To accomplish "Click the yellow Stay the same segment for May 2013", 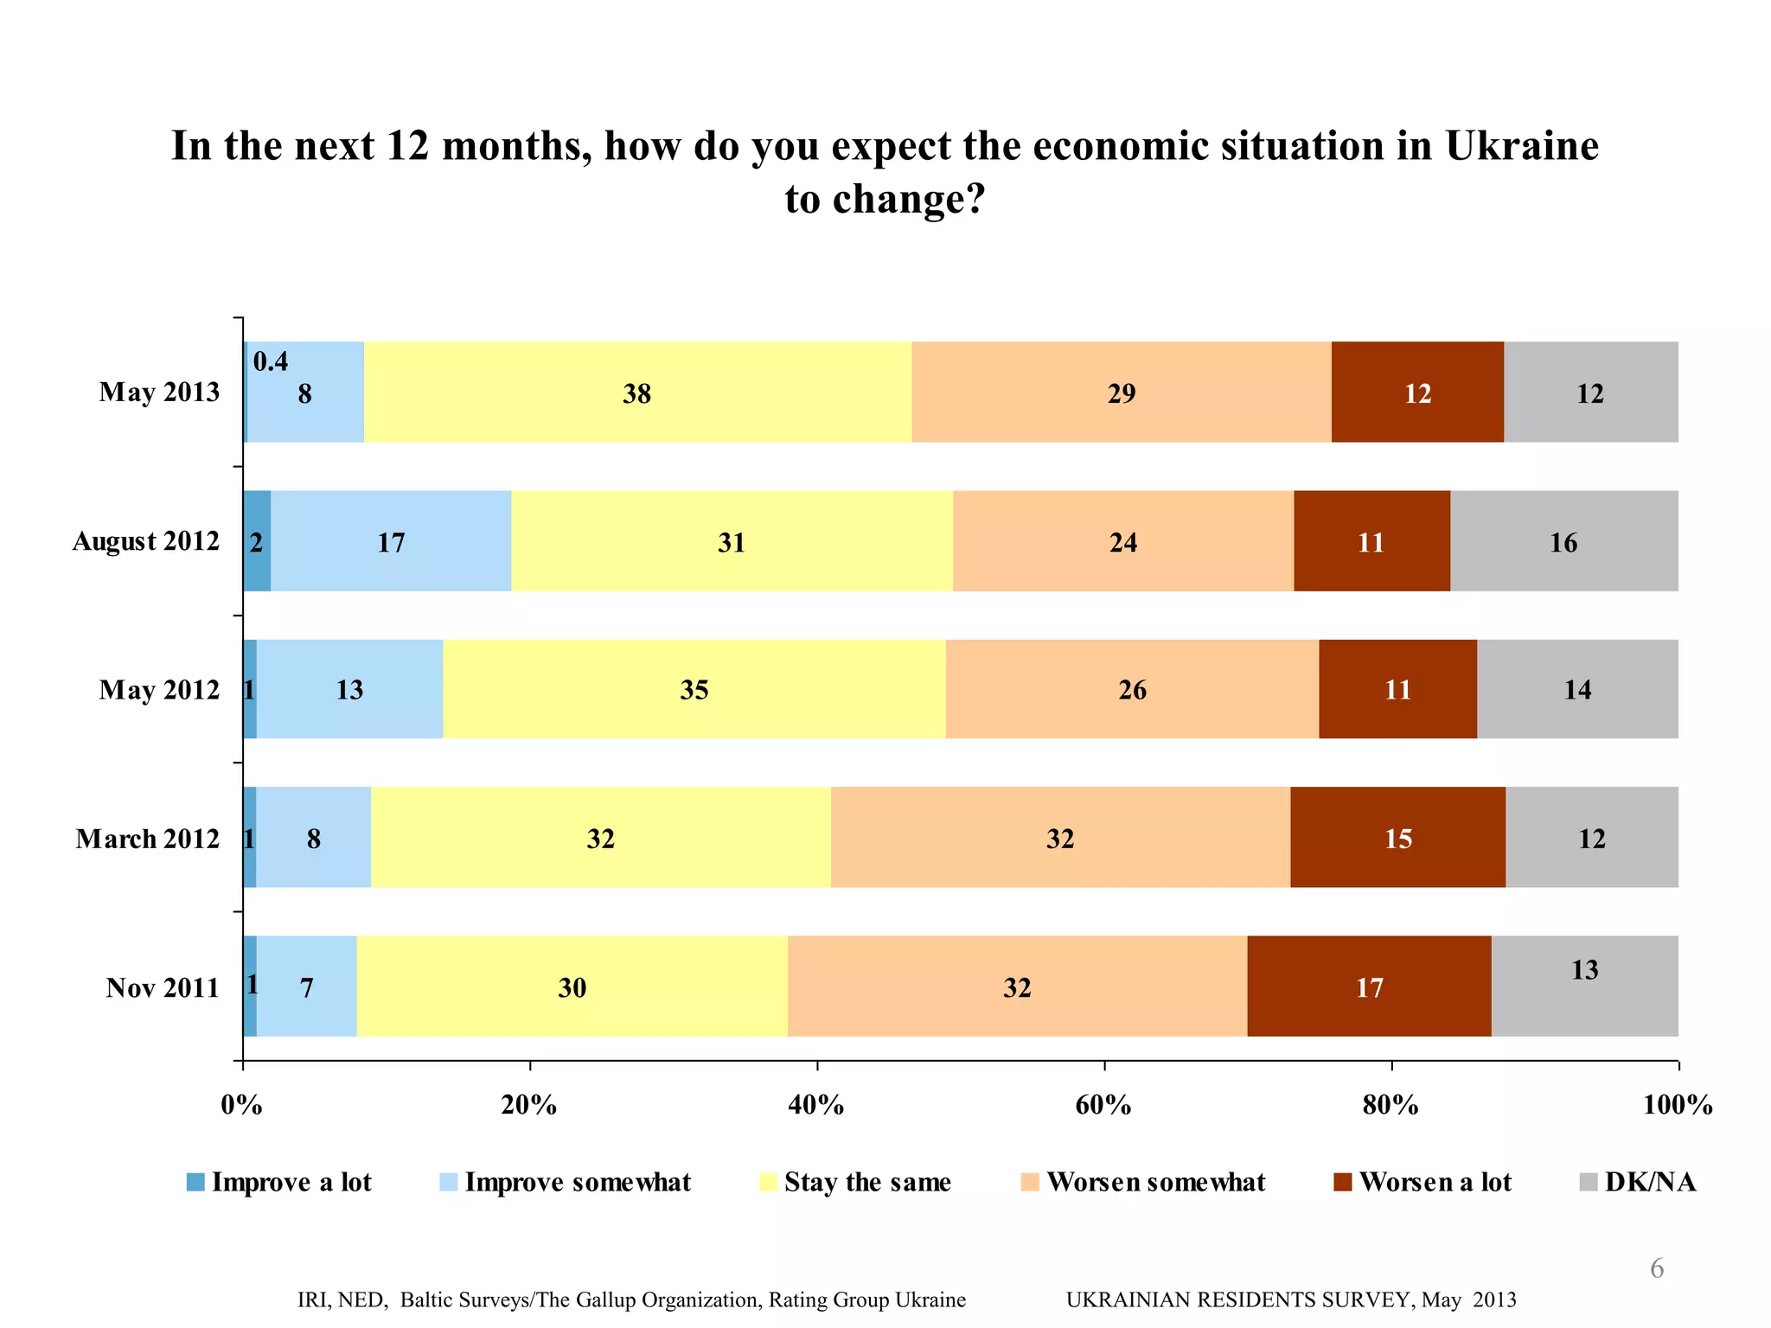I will tap(637, 393).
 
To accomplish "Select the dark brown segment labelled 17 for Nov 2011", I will tap(1369, 986).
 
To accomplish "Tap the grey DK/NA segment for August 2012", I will tap(1563, 542).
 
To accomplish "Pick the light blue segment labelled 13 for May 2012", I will tap(349, 689).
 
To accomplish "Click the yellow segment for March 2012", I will tap(600, 838).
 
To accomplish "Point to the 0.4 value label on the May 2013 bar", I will tap(271, 361).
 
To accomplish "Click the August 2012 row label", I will tap(145, 541).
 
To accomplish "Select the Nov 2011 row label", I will tap(163, 987).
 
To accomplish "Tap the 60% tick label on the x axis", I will tap(1103, 1105).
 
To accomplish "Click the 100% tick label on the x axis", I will tap(1677, 1105).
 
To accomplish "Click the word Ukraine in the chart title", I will tap(1522, 145).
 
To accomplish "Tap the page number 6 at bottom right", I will tap(1656, 1268).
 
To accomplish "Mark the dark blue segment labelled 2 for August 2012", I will tap(256, 542).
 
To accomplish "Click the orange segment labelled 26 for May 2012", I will tap(1132, 689).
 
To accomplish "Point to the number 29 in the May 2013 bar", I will tap(1121, 393).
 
